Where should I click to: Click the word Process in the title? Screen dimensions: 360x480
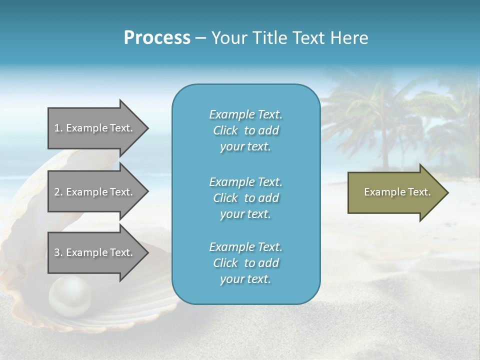point(157,38)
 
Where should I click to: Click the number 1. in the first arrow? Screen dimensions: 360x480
point(58,128)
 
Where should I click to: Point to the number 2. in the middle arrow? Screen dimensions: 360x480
point(58,192)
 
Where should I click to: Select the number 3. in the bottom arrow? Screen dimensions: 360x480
point(58,252)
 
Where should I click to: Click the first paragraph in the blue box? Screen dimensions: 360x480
point(245,130)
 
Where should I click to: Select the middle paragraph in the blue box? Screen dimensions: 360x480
point(245,197)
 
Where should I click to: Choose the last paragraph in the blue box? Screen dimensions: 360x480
point(245,262)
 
